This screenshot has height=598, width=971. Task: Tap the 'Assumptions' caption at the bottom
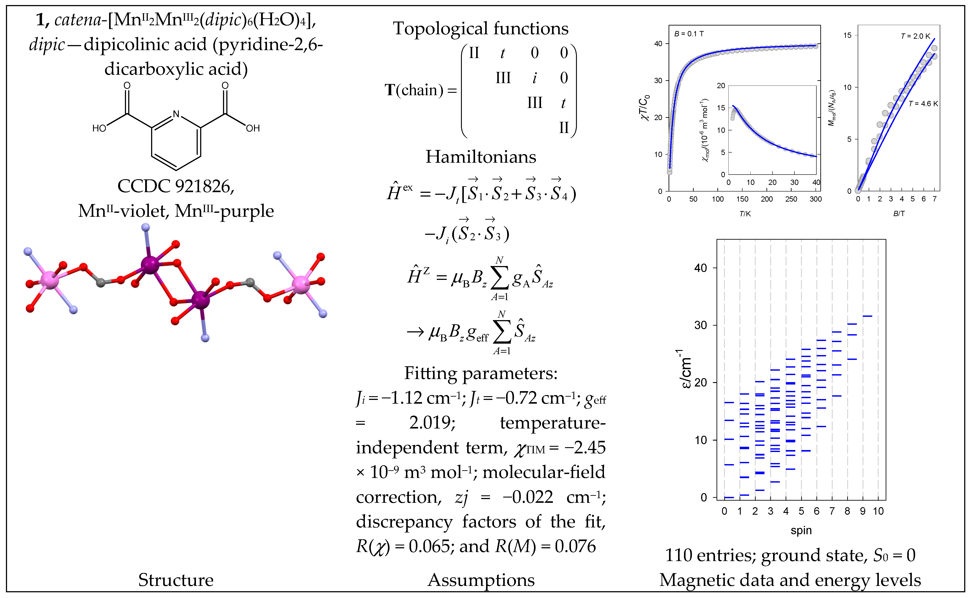point(481,580)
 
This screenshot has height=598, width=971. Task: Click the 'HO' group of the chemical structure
point(99,128)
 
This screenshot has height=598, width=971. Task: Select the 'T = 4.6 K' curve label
point(923,104)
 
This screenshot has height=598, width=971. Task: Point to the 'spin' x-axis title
point(801,530)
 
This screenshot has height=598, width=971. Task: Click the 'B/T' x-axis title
point(899,213)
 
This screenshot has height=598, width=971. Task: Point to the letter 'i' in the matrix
point(534,78)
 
